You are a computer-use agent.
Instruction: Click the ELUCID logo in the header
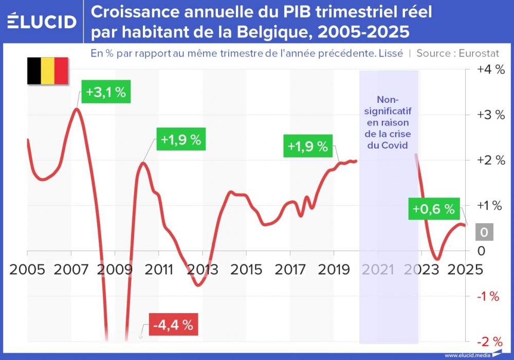42,22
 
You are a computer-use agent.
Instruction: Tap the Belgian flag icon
47,71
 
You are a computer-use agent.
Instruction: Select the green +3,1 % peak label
105,93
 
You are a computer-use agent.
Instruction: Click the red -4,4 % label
173,325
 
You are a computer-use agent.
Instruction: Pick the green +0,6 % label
433,209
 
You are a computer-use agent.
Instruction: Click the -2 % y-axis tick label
489,341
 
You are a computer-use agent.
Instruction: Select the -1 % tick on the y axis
489,296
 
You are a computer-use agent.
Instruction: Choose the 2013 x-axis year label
203,270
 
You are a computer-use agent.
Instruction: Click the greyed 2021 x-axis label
378,270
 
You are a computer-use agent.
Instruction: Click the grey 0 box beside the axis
484,233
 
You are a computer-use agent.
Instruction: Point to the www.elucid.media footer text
467,355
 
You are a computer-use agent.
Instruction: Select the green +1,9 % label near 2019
307,146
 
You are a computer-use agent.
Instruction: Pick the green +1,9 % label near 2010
180,140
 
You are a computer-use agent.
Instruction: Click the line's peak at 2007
77,109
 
